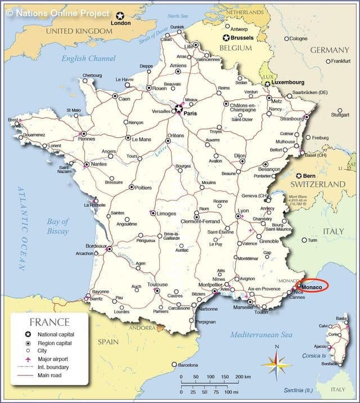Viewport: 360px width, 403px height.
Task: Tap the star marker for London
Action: point(119,16)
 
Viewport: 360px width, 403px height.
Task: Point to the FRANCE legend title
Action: point(49,323)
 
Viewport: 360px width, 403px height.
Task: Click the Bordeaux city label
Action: point(96,246)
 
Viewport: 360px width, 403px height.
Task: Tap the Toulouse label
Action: point(157,284)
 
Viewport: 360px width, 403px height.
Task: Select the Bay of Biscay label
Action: point(57,226)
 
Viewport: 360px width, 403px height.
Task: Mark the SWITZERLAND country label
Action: point(317,184)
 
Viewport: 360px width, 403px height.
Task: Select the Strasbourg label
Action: point(291,119)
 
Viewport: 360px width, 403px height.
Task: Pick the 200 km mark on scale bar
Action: point(242,377)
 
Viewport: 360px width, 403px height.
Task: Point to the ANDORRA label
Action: point(141,328)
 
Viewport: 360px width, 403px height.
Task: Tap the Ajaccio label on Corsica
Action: point(319,346)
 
